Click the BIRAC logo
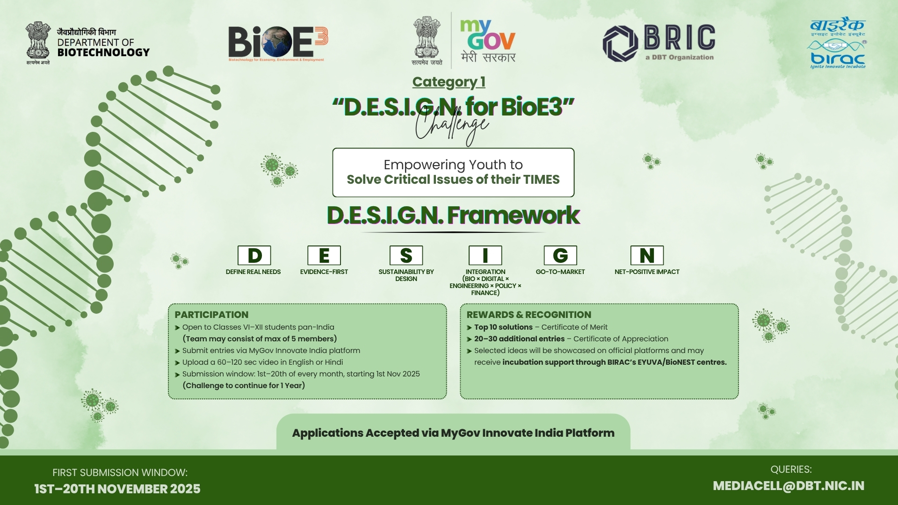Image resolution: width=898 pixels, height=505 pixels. click(x=838, y=44)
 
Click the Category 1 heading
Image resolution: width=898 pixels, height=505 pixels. click(x=449, y=82)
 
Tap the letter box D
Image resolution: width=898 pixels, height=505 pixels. click(x=254, y=255)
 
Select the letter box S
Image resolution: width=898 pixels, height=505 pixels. click(x=406, y=255)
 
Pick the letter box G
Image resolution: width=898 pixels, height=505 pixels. click(x=560, y=255)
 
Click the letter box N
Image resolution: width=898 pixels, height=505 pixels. click(x=647, y=255)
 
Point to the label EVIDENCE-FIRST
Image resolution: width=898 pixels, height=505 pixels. click(x=324, y=272)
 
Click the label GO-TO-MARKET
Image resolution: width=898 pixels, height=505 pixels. click(x=560, y=272)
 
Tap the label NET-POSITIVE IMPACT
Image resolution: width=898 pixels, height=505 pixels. click(x=647, y=272)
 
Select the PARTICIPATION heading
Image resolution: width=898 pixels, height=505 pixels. click(x=211, y=315)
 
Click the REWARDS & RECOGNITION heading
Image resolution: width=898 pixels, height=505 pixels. click(x=529, y=315)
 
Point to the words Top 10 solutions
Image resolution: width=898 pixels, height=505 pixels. click(x=503, y=327)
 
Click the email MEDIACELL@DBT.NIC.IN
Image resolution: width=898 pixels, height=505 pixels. click(x=789, y=486)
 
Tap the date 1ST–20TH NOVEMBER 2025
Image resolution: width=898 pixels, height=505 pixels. click(x=117, y=489)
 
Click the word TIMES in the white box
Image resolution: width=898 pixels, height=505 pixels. click(x=541, y=180)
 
